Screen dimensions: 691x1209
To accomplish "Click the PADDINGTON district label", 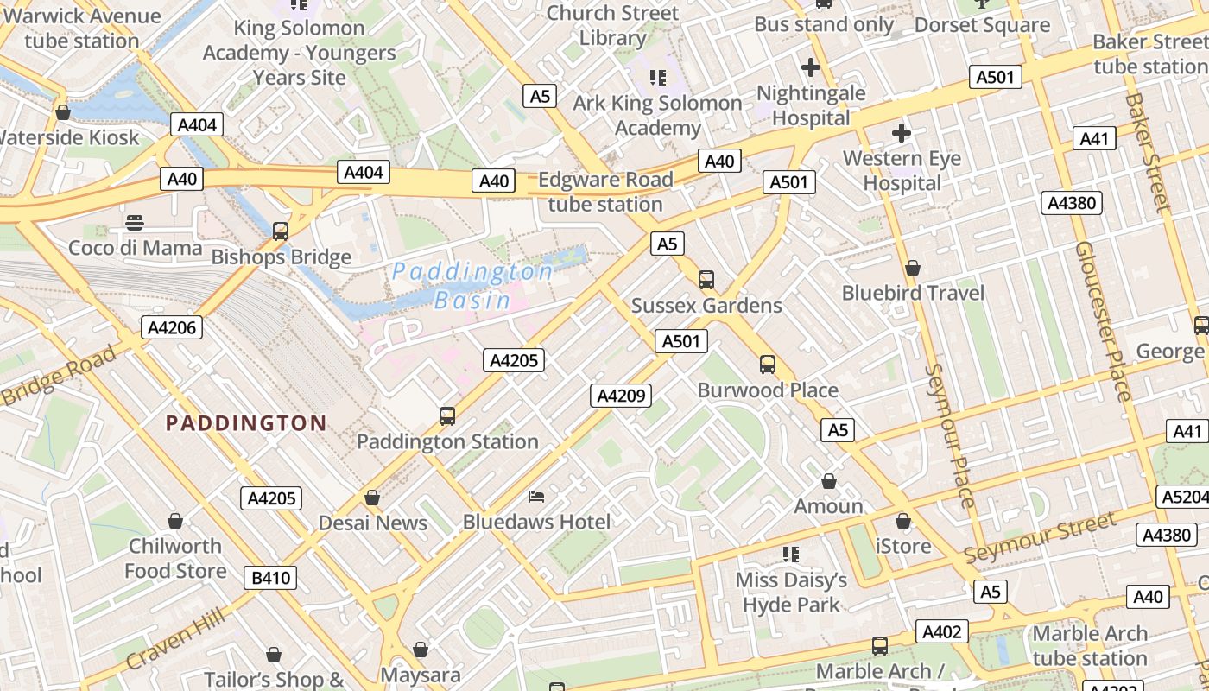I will point(246,423).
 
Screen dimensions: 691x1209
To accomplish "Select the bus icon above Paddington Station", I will point(447,416).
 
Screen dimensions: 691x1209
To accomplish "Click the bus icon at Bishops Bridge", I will point(281,231).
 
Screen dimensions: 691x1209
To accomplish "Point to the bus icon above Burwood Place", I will point(768,365).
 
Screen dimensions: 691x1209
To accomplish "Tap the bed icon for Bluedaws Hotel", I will point(536,497).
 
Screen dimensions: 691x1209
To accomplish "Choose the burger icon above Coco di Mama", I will point(135,223).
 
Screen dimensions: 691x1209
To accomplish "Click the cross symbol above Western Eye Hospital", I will point(902,133).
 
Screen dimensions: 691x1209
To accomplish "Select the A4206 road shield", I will point(172,327).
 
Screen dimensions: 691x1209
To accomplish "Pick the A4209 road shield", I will point(621,396).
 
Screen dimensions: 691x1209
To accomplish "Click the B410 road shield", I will point(269,578).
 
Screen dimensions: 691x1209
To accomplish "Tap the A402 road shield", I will point(941,631).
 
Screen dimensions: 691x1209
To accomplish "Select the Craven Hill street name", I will point(175,638).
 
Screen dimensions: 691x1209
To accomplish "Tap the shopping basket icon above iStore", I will point(903,522).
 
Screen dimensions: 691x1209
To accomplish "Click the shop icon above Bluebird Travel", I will point(913,269).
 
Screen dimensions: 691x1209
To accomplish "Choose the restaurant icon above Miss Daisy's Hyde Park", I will point(791,554).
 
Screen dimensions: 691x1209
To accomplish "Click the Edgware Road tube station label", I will point(605,192).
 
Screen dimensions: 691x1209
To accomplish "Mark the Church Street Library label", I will point(613,26).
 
